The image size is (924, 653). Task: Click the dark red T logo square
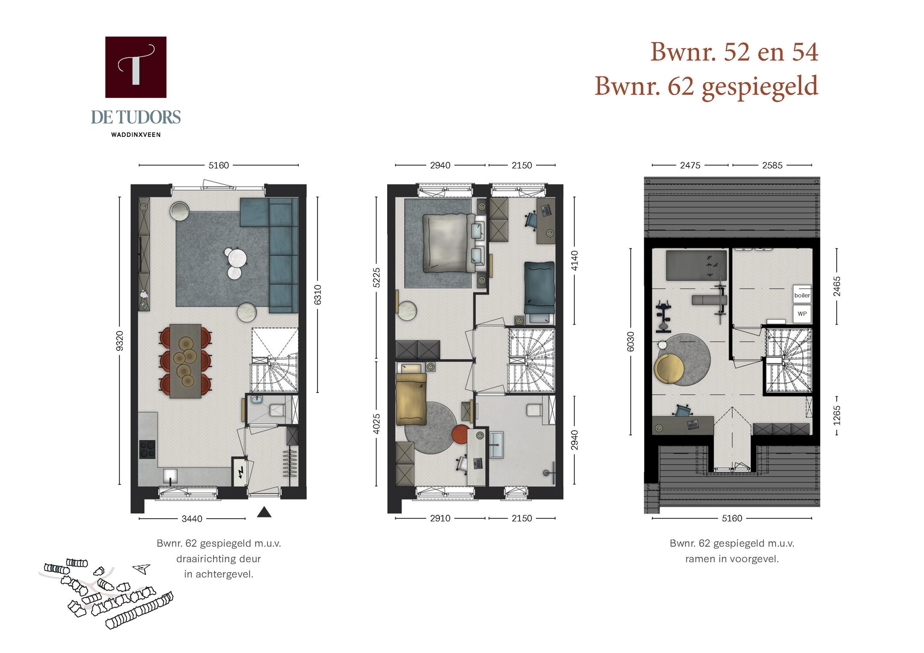tap(136, 67)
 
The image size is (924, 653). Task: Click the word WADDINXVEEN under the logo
tap(136, 135)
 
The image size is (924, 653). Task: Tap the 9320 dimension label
tap(120, 341)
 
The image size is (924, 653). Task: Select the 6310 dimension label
tap(317, 295)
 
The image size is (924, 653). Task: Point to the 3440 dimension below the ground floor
tap(192, 519)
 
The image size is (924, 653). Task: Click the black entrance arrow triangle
tap(264, 512)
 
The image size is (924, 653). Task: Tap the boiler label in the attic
tap(802, 295)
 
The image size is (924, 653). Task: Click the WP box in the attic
tap(802, 313)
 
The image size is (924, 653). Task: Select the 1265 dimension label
tap(837, 416)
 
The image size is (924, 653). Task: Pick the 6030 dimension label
tap(631, 342)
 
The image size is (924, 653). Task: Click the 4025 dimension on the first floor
tap(376, 423)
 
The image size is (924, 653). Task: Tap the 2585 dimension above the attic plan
tap(772, 165)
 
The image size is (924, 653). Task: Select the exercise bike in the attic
tap(663, 316)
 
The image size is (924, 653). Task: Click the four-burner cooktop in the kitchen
tap(148, 449)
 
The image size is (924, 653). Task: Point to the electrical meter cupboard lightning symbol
tap(241, 472)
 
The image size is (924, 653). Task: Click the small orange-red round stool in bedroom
tap(461, 434)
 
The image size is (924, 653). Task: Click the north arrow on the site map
tap(142, 568)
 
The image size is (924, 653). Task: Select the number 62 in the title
tap(680, 86)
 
